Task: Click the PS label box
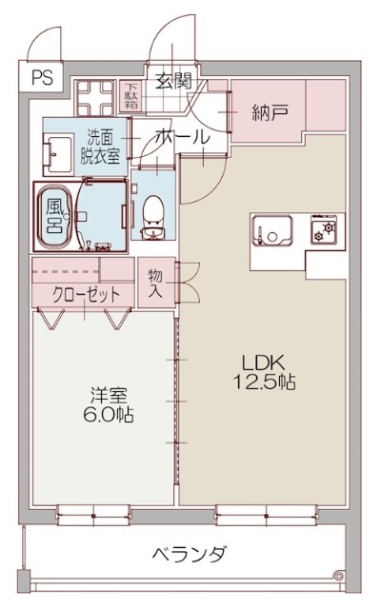point(42,77)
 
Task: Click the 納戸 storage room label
point(270,112)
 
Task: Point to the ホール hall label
point(183,137)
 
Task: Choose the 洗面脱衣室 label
point(99,146)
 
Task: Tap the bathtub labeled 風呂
point(54,216)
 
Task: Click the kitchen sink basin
point(272,230)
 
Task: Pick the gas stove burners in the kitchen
point(324,230)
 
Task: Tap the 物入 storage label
point(155,284)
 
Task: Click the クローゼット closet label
point(86,295)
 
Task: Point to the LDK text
point(264,363)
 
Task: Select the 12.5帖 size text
point(264,382)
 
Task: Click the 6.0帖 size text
point(109,415)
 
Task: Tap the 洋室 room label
point(109,396)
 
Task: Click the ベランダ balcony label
point(190,554)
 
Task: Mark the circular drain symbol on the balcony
point(339,576)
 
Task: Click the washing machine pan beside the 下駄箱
point(95,98)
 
